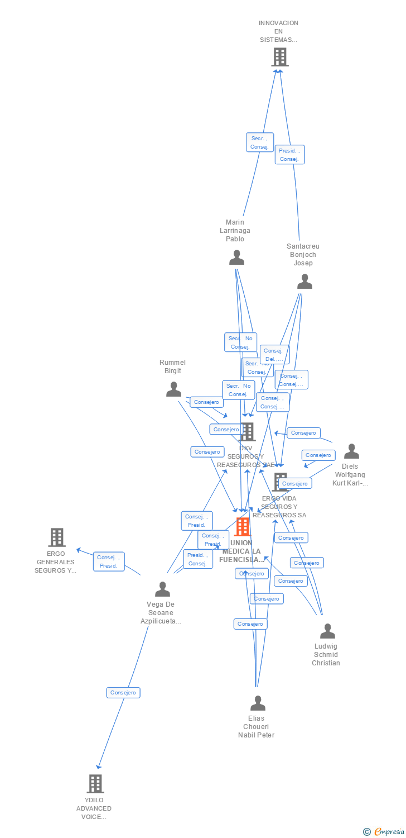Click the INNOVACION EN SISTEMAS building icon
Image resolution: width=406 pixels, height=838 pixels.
pyautogui.click(x=280, y=57)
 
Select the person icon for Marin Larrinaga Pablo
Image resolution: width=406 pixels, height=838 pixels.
pyautogui.click(x=237, y=258)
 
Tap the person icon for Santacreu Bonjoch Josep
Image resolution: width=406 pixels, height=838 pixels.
pyautogui.click(x=304, y=282)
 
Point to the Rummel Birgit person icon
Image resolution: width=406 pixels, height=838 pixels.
pyautogui.click(x=173, y=389)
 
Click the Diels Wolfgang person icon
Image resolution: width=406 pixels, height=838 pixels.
pyautogui.click(x=351, y=451)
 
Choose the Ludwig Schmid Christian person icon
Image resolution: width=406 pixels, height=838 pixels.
pyautogui.click(x=327, y=631)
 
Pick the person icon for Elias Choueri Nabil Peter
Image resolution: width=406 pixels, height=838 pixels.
pyautogui.click(x=258, y=703)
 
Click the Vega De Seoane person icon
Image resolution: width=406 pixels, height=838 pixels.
pyautogui.click(x=162, y=589)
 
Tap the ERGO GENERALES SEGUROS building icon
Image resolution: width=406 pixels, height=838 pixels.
pyautogui.click(x=56, y=537)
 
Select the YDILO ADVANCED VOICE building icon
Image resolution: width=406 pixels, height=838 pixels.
pyautogui.click(x=95, y=783)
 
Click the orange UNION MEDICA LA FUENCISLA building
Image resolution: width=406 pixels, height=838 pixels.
pyautogui.click(x=243, y=526)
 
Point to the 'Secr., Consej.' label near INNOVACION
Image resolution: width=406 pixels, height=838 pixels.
pyautogui.click(x=260, y=142)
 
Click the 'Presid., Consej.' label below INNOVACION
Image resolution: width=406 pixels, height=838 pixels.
pyautogui.click(x=289, y=155)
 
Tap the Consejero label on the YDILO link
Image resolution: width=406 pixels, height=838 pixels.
pyautogui.click(x=123, y=693)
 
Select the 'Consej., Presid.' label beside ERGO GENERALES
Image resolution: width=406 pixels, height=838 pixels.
pyautogui.click(x=109, y=561)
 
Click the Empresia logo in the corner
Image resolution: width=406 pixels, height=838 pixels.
pyautogui.click(x=383, y=832)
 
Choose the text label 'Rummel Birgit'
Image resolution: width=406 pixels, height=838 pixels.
pyautogui.click(x=172, y=366)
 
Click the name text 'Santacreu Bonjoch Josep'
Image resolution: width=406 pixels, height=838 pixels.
pyautogui.click(x=303, y=255)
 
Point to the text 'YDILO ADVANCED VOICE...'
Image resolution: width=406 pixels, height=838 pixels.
pyautogui.click(x=94, y=808)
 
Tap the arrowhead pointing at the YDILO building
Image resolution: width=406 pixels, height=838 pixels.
pyautogui.click(x=99, y=766)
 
